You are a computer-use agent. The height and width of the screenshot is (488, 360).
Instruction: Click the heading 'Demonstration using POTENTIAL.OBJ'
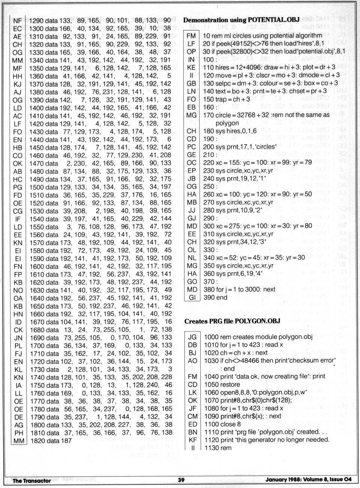pyautogui.click(x=241, y=20)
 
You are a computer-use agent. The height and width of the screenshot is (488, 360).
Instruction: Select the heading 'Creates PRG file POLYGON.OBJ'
pyautogui.click(x=232, y=321)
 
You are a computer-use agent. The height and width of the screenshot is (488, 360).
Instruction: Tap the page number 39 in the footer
pyautogui.click(x=181, y=479)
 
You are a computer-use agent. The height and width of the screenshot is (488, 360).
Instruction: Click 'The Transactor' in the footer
pyautogui.click(x=31, y=480)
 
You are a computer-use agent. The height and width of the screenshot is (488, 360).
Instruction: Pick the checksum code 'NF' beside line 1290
pyautogui.click(x=17, y=21)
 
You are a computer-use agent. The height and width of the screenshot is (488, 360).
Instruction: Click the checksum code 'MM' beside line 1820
pyautogui.click(x=18, y=441)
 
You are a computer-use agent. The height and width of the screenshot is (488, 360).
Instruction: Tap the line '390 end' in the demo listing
pyautogui.click(x=215, y=297)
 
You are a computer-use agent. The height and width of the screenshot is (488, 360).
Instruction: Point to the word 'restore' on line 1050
pyautogui.click(x=231, y=384)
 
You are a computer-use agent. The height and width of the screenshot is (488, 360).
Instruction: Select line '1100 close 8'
pyautogui.click(x=222, y=424)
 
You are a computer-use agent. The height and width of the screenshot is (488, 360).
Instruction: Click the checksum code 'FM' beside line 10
pyautogui.click(x=191, y=36)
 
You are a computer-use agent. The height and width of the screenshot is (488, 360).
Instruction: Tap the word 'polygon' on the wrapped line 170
pyautogui.click(x=227, y=123)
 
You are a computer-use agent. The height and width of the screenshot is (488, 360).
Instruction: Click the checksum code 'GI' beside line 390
pyautogui.click(x=192, y=297)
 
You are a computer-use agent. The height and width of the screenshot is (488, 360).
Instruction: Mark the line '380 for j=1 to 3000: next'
pyautogui.click(x=239, y=289)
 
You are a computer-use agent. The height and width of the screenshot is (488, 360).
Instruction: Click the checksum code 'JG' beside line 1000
pyautogui.click(x=192, y=337)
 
